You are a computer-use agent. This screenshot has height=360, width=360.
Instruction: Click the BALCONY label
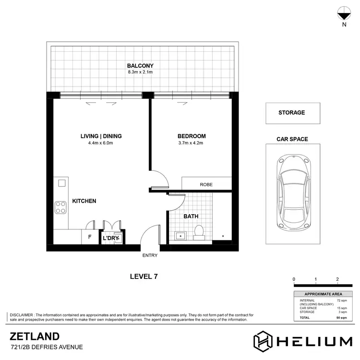(140, 66)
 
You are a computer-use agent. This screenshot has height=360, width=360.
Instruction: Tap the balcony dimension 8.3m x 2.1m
(140, 72)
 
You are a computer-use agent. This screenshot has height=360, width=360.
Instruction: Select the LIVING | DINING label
(101, 136)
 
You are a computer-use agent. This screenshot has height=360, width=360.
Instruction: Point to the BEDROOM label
(192, 136)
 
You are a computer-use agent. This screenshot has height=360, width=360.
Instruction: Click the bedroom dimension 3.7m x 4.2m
(192, 143)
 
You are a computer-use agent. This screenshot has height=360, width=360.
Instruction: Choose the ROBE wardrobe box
(206, 184)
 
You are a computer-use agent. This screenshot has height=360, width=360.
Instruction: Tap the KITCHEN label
(84, 201)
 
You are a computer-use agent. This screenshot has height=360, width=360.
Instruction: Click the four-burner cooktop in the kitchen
(61, 207)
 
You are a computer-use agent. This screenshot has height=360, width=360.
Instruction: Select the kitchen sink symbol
(61, 183)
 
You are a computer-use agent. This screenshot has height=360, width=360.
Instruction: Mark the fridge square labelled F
(89, 237)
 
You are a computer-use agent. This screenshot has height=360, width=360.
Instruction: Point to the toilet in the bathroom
(199, 232)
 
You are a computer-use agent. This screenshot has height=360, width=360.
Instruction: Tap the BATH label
(191, 216)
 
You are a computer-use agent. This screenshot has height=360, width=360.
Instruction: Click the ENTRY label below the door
(150, 255)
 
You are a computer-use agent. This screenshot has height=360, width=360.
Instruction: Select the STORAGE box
(291, 113)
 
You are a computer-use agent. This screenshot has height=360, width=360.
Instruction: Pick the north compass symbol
(344, 14)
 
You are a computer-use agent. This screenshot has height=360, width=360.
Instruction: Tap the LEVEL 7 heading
(144, 276)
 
